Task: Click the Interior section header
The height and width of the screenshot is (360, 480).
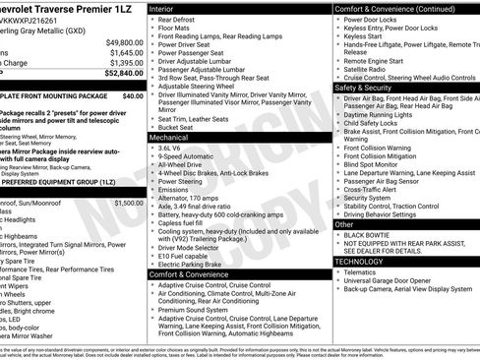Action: (x=162, y=8)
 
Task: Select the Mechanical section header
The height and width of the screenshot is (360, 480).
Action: (x=169, y=139)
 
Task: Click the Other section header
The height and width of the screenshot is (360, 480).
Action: (x=344, y=224)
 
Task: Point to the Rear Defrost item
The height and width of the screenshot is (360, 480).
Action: (x=178, y=20)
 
